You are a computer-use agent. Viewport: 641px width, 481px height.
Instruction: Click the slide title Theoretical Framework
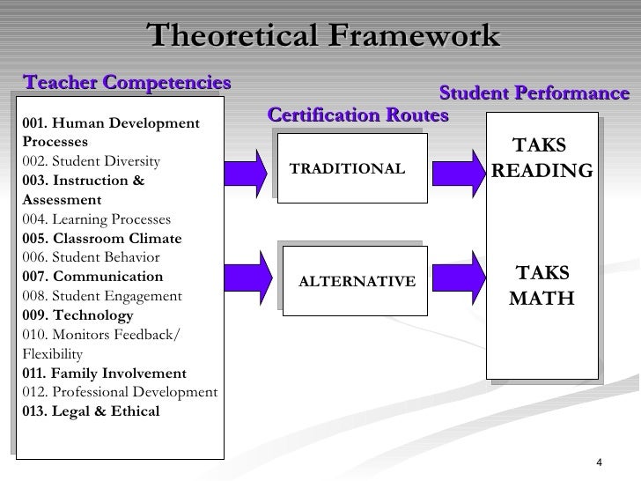pos(323,35)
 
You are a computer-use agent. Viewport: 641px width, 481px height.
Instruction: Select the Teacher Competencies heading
pos(127,82)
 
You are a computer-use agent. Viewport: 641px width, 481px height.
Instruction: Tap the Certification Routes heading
pos(357,115)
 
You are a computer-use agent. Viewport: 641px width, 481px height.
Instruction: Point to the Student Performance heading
pos(534,93)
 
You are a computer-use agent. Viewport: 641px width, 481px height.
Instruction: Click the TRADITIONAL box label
pos(347,169)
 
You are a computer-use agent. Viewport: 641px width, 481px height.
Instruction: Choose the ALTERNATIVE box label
pos(357,281)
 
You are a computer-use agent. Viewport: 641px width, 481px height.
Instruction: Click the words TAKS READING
pos(542,159)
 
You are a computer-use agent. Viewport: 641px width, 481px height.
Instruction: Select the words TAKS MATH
pos(542,285)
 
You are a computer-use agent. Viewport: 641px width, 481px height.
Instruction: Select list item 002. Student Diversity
pos(92,161)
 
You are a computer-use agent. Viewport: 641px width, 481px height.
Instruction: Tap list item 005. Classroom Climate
pos(102,239)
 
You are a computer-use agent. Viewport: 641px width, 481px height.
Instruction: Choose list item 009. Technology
pos(79,315)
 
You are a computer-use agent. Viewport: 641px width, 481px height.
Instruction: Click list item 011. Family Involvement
pos(105,373)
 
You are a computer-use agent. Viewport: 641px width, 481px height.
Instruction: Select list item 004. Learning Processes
pos(98,219)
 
